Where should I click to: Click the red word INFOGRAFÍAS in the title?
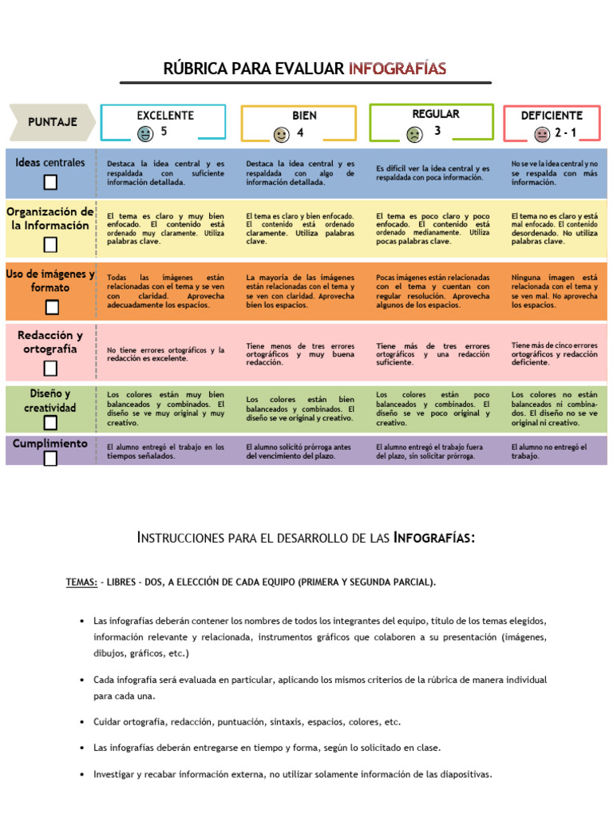(397, 69)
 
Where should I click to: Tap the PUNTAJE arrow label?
(52, 122)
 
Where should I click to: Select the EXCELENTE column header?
(165, 116)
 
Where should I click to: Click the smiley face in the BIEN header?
(281, 134)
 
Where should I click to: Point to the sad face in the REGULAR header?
(414, 134)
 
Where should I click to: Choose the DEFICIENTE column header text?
(552, 116)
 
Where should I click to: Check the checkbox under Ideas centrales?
(50, 183)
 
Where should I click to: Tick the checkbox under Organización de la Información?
(50, 244)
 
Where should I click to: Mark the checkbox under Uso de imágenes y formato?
(51, 306)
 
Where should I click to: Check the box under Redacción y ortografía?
(50, 368)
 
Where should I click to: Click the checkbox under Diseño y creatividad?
(50, 422)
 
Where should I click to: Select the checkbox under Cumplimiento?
(50, 458)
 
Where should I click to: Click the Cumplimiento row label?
(50, 443)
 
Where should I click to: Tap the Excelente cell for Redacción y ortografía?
(166, 354)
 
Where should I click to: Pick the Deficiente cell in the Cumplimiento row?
(553, 452)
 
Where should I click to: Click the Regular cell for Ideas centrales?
(433, 173)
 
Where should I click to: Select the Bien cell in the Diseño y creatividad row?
(300, 408)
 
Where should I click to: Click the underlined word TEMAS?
(81, 582)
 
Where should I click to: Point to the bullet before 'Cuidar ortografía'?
(82, 722)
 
